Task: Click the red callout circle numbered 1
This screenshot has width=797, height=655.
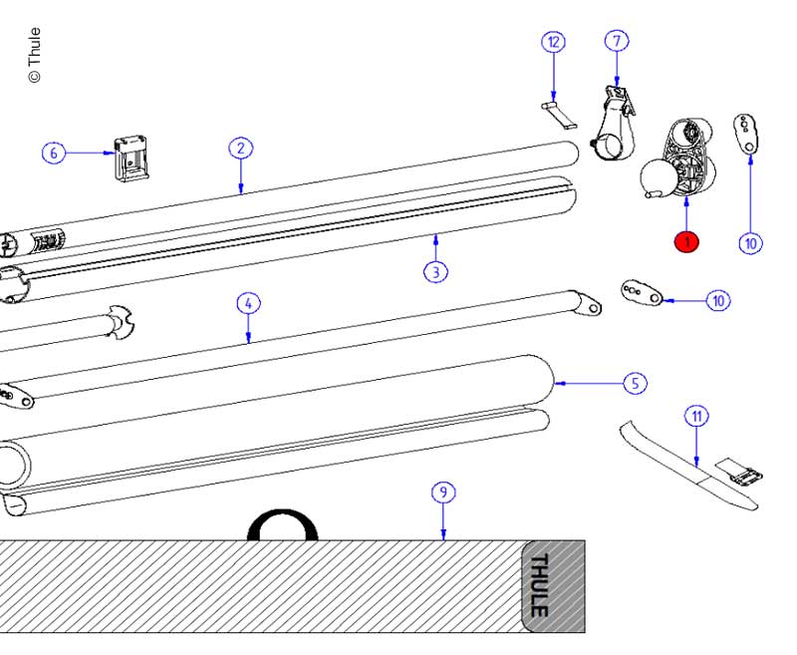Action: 686,241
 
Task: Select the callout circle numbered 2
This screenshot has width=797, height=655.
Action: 239,149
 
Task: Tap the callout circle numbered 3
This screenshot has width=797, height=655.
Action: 434,270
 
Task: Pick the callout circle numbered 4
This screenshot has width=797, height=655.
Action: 248,303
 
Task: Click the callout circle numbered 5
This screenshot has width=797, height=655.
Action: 635,382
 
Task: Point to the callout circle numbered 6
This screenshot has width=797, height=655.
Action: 54,153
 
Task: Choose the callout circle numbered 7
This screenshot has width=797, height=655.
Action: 617,42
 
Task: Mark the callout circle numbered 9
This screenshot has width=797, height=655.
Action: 443,491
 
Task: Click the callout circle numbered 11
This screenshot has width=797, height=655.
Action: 696,416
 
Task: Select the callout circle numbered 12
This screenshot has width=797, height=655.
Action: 554,42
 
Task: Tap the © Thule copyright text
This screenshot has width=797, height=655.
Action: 35,55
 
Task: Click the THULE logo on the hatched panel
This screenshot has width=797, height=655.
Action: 539,585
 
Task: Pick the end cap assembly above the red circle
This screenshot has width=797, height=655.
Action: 679,160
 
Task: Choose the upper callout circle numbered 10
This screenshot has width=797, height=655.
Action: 751,241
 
